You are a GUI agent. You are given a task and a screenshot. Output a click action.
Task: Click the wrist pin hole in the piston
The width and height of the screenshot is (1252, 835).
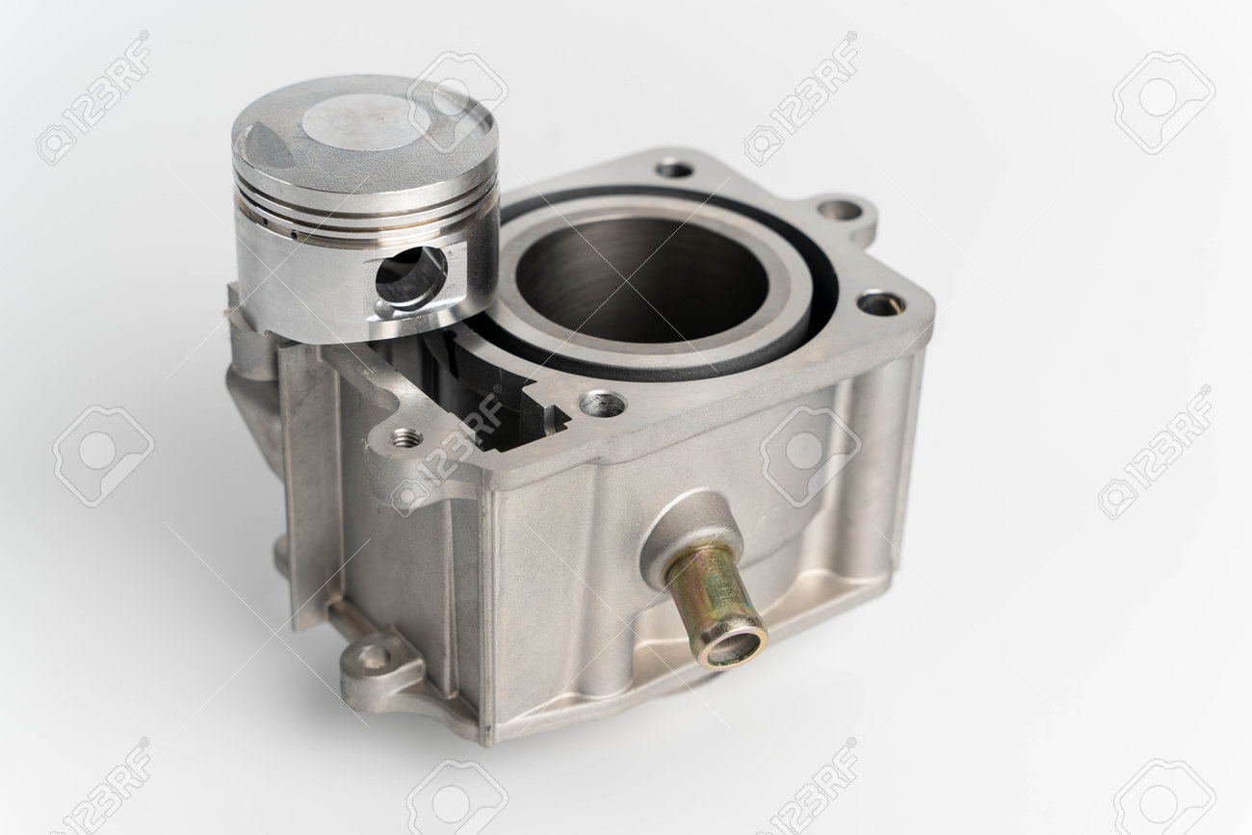point(411,276)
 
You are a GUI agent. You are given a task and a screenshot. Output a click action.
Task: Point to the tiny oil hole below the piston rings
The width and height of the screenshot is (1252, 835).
point(294,235)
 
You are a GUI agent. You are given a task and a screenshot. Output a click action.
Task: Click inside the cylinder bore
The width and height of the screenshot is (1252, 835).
point(641,279)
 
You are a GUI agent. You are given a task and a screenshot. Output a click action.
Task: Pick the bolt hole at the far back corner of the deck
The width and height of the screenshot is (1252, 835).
point(674,169)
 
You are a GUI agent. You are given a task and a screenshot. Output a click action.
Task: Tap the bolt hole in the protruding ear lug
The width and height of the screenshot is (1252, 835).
point(840,211)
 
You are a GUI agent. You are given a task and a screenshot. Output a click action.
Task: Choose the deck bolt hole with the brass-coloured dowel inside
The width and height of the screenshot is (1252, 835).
point(881,303)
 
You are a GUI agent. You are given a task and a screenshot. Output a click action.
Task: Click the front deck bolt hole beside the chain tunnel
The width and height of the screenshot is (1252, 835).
point(603,404)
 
